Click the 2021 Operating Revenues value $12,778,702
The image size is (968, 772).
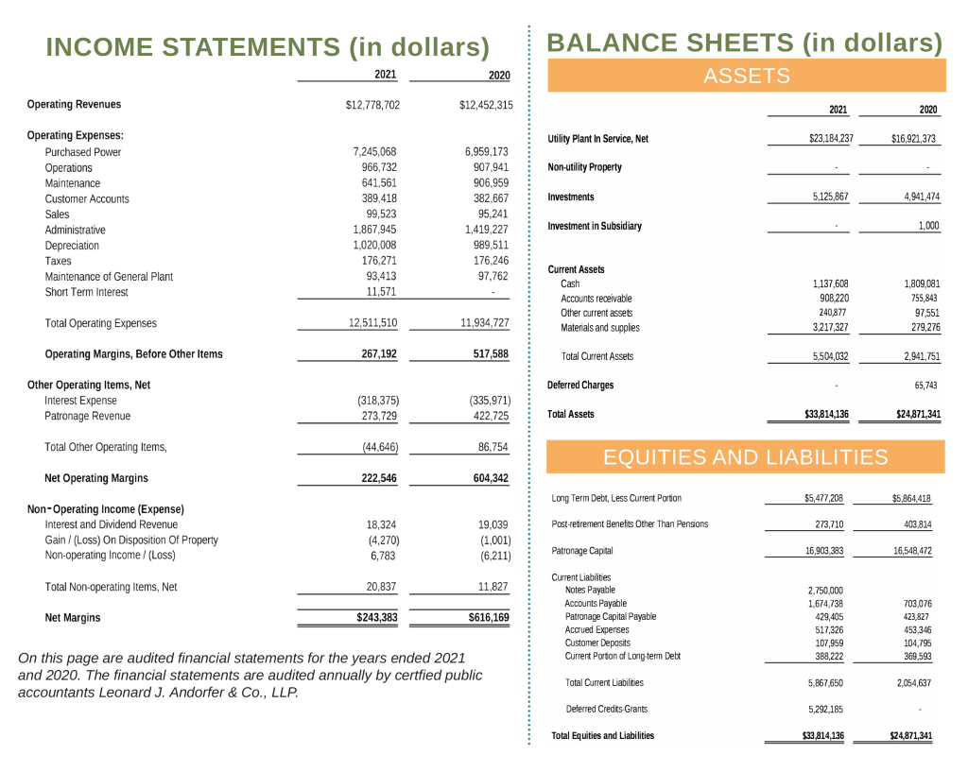tap(373, 105)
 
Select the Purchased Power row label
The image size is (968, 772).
tap(83, 151)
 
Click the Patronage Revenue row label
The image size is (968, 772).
tap(88, 416)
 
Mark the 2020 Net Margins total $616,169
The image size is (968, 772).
tap(488, 618)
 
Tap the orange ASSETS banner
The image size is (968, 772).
tap(747, 76)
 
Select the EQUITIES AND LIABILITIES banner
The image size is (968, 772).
tap(746, 458)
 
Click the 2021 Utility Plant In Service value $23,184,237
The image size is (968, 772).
tap(831, 139)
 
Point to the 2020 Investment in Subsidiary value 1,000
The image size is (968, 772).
tap(928, 226)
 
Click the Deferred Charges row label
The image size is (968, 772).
tap(580, 386)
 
